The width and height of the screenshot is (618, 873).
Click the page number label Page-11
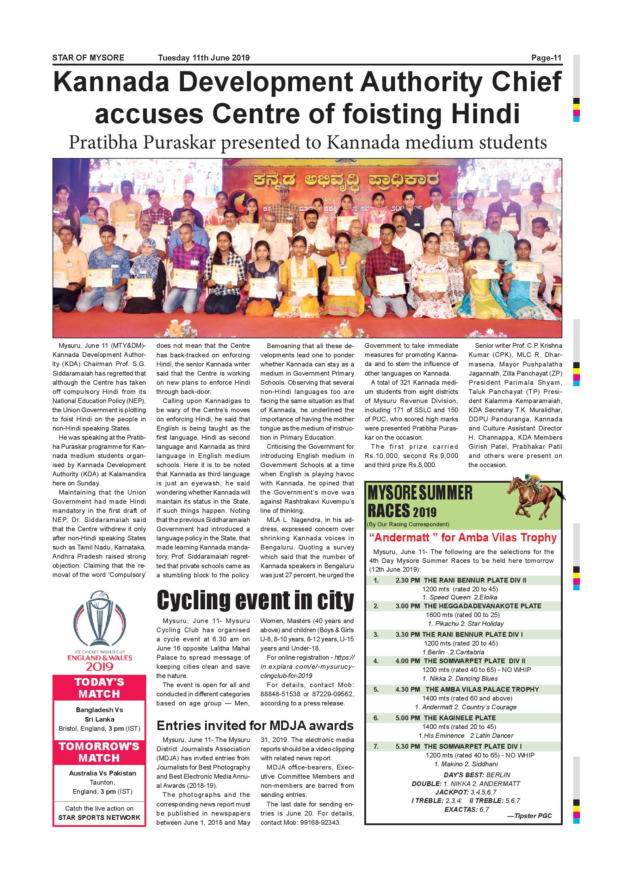(x=546, y=58)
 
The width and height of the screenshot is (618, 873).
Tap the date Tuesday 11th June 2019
(x=204, y=58)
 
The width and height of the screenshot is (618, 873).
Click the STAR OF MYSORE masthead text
(x=88, y=58)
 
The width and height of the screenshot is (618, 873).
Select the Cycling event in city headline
(x=255, y=601)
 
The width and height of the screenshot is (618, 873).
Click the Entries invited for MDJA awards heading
(x=255, y=726)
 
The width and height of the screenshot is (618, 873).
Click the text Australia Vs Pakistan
(x=103, y=773)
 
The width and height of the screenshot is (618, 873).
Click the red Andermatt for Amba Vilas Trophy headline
(x=463, y=538)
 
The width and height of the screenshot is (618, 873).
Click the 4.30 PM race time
(x=408, y=689)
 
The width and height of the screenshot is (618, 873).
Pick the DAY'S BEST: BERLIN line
(x=477, y=775)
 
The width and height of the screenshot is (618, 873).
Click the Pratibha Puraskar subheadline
(x=308, y=143)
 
